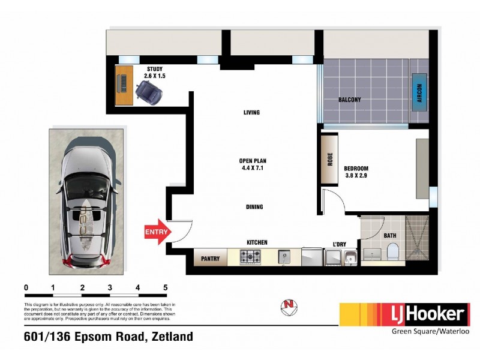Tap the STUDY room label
[155, 73]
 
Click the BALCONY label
[350, 100]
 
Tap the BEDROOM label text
[356, 172]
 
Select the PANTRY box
[211, 259]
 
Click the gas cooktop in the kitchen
[250, 257]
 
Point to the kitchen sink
[284, 258]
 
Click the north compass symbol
[289, 308]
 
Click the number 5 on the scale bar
[166, 288]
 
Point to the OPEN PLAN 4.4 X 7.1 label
[252, 164]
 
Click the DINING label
[254, 207]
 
